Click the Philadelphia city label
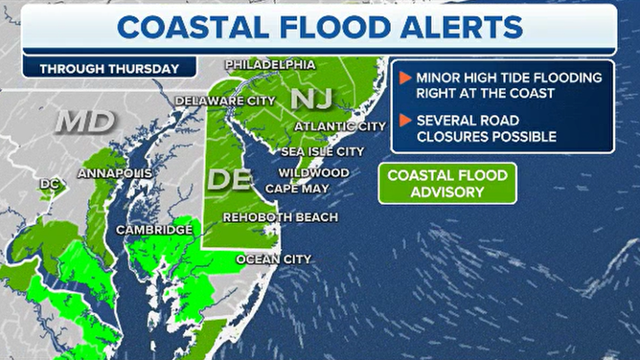(270, 64)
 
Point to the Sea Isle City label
(322, 151)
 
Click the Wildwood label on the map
(313, 172)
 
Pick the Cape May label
(297, 189)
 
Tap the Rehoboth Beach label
(280, 217)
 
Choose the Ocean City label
(274, 259)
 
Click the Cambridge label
(154, 230)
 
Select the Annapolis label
(114, 173)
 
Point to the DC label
(50, 183)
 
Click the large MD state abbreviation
(85, 123)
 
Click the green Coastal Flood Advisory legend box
(447, 183)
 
